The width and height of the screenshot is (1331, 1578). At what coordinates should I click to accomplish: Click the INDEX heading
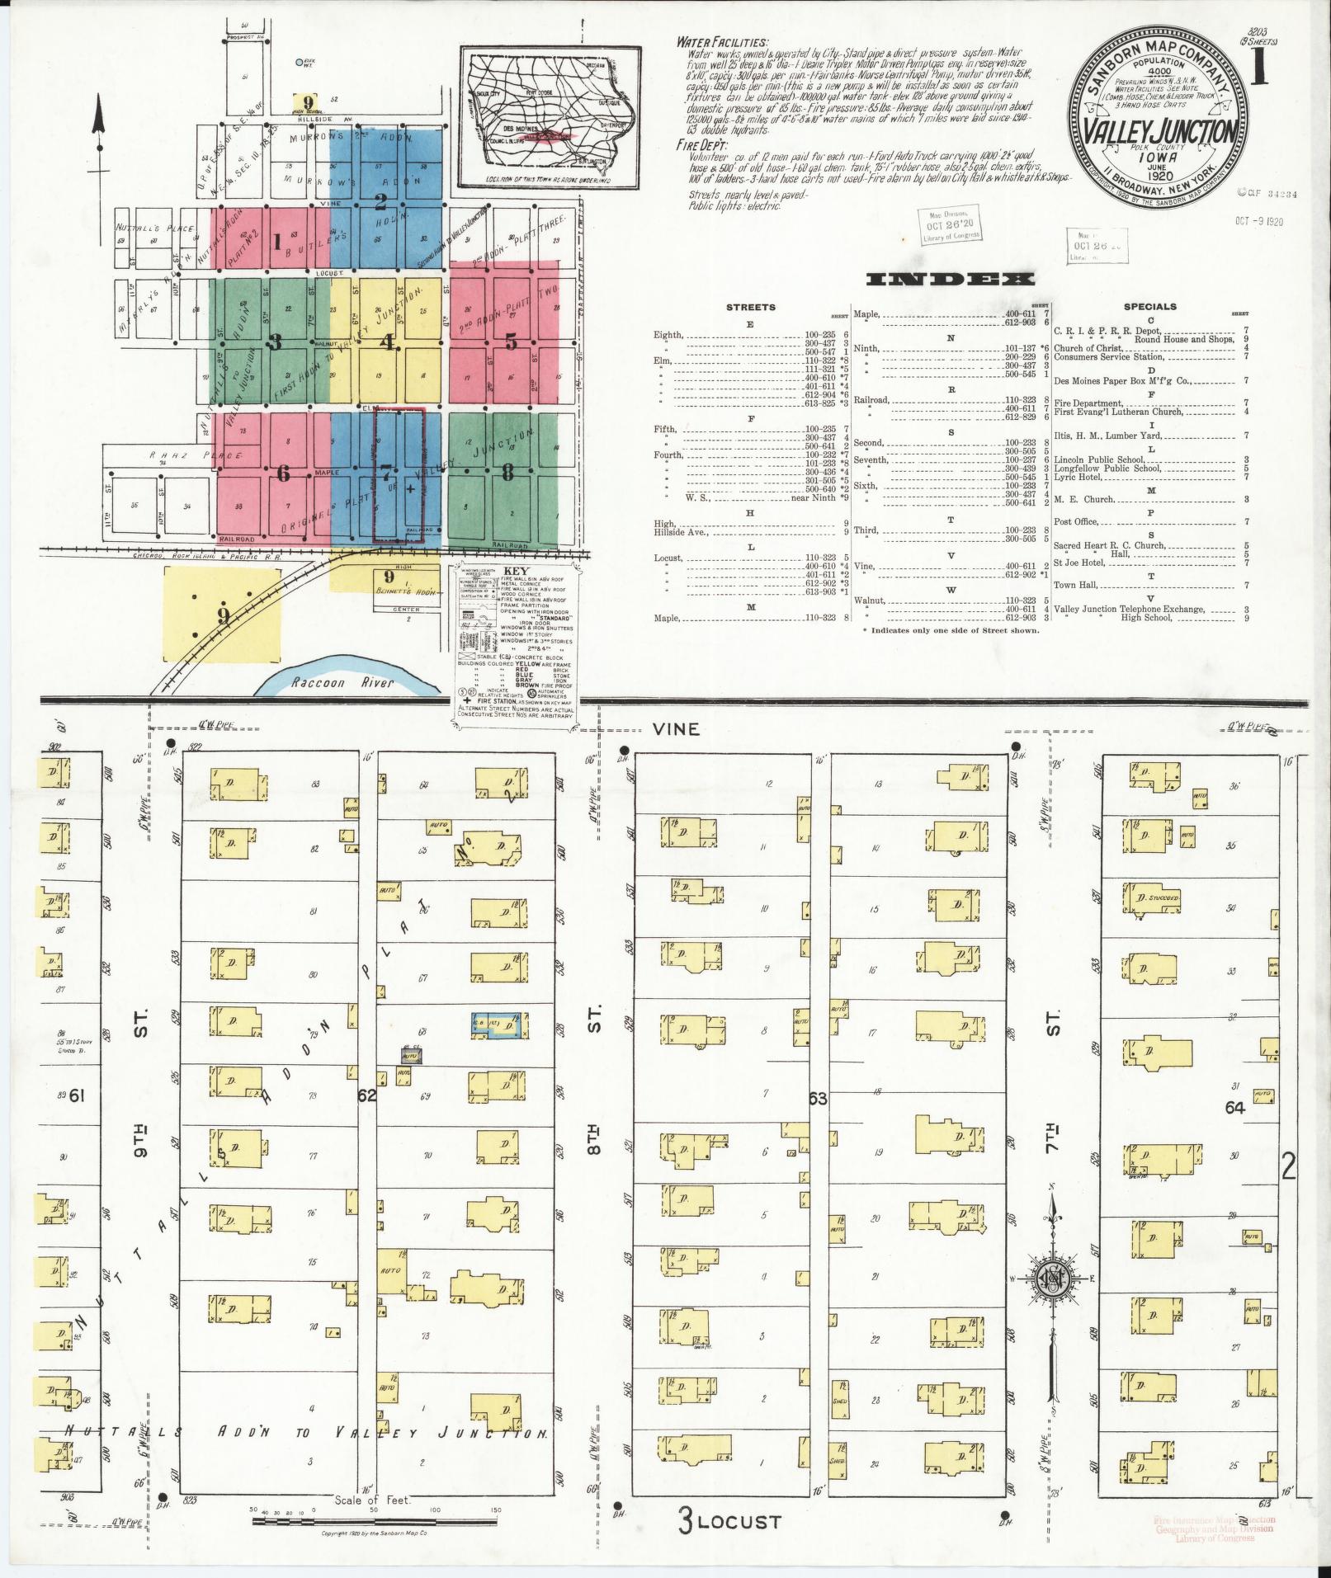click(948, 279)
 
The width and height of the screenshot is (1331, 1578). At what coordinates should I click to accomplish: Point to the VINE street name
click(676, 729)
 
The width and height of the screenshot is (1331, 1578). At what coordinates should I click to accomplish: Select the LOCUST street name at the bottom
click(739, 1520)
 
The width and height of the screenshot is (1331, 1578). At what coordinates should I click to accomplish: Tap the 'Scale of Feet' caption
click(371, 1500)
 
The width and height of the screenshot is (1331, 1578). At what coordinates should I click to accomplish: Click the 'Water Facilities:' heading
click(722, 42)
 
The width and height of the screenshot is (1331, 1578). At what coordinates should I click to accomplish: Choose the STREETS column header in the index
click(750, 307)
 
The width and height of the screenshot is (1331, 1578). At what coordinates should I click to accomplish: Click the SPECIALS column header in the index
click(1149, 307)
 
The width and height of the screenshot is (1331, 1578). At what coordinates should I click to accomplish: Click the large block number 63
click(818, 1099)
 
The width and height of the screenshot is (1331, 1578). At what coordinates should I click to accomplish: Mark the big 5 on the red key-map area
click(511, 341)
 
